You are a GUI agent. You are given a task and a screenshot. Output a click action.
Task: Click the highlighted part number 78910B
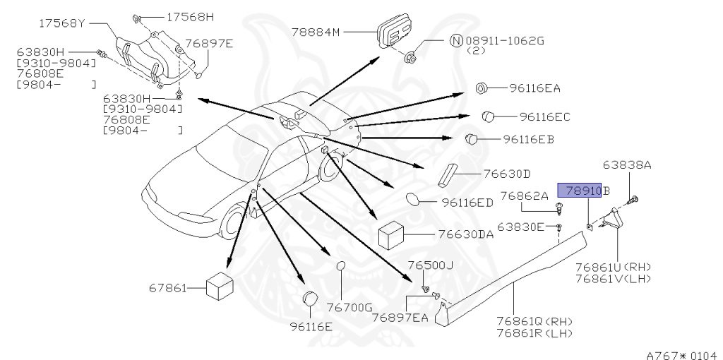point(583,190)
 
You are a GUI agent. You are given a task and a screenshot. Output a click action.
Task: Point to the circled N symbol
point(456,40)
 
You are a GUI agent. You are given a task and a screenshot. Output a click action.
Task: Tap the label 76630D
point(507,174)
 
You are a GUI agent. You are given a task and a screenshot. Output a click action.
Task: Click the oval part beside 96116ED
point(415,202)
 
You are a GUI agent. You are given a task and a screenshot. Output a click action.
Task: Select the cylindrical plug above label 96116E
point(309,300)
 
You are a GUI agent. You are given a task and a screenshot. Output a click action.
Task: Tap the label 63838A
point(627,165)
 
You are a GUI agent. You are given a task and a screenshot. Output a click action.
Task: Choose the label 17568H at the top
point(190,16)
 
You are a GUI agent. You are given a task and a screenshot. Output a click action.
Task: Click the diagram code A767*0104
point(683,351)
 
